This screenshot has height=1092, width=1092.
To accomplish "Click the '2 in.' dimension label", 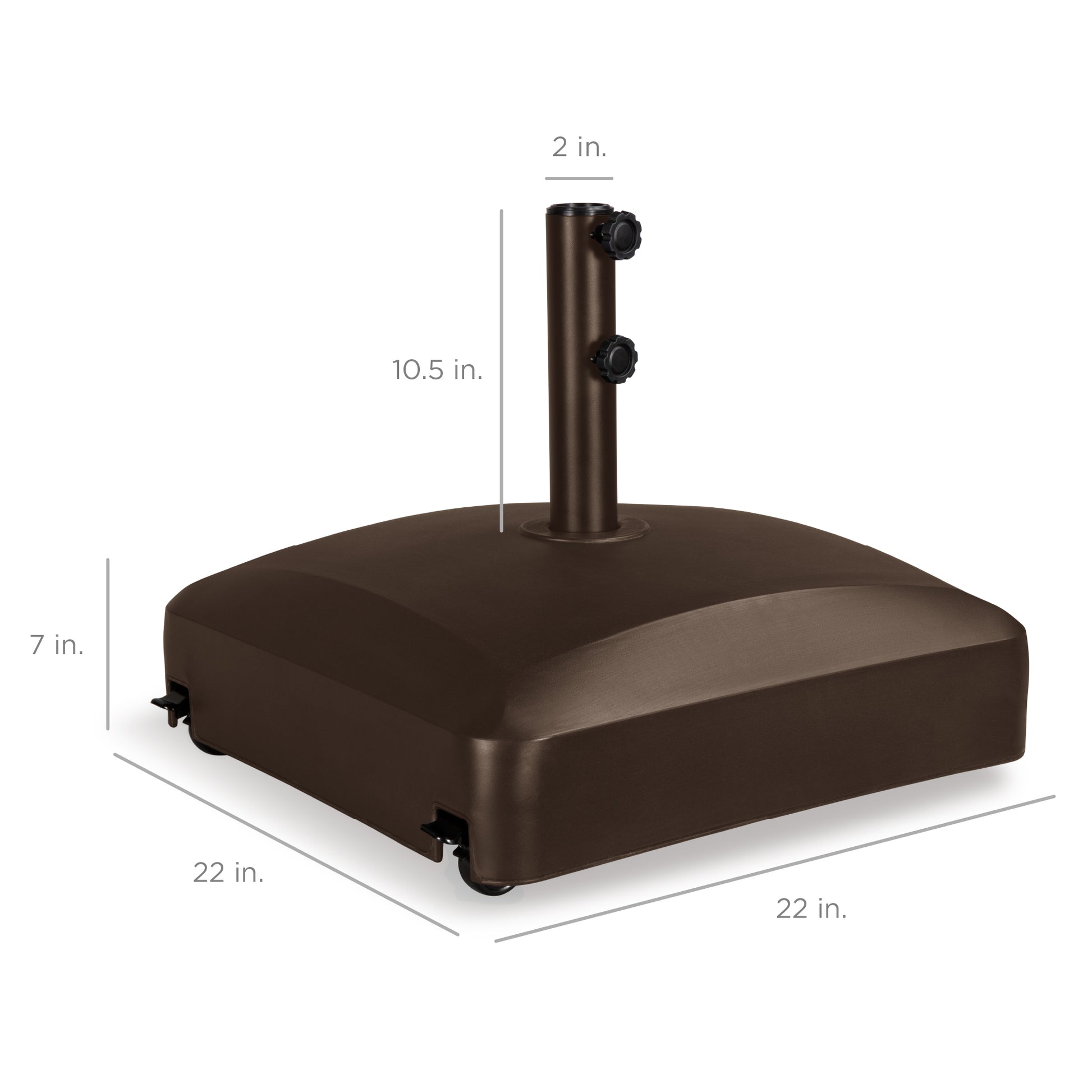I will (579, 148).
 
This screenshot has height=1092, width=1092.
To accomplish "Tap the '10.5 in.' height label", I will (438, 371).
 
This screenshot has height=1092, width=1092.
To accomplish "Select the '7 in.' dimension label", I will (57, 645).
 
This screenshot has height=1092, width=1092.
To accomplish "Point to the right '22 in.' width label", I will (811, 909).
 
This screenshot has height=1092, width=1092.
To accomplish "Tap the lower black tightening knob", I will (617, 360).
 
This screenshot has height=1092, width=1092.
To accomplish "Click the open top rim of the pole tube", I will (577, 209).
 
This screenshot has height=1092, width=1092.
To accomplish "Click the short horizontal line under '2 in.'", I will (579, 178).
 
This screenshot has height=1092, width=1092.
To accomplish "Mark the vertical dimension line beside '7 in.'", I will (107, 645).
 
